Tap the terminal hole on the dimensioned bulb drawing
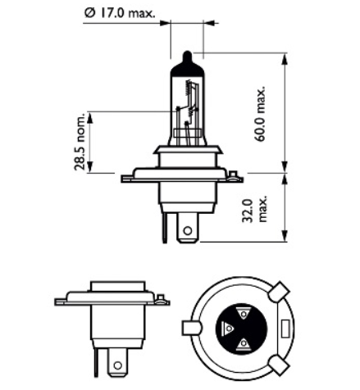(188, 232)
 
